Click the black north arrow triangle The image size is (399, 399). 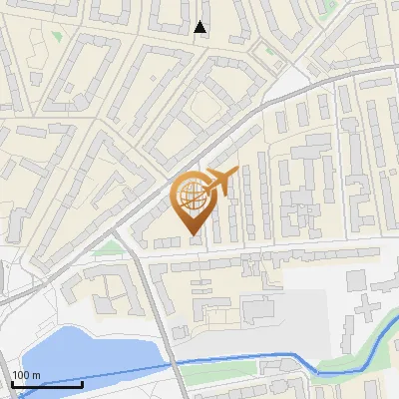pos(201,27)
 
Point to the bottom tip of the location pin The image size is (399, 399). pos(192,235)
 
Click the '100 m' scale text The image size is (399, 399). pos(26,375)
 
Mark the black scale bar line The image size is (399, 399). pos(47,384)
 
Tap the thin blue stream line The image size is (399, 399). pos(249,357)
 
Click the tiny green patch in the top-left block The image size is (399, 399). pos(57,37)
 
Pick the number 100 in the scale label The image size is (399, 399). pos(19,375)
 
